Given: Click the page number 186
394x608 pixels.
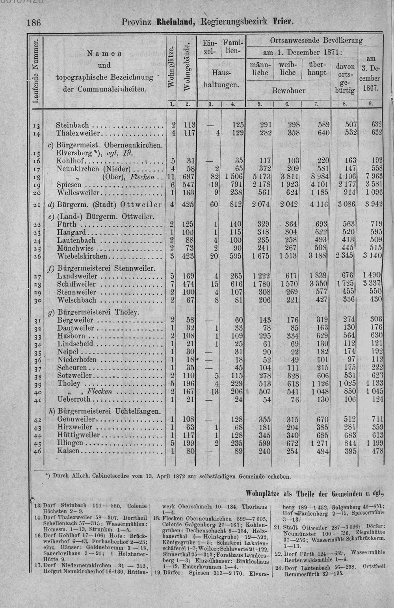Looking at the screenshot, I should (x=34, y=22).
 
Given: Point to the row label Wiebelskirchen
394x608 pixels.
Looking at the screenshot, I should (x=82, y=256).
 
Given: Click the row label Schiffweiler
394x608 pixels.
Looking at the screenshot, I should (x=76, y=284).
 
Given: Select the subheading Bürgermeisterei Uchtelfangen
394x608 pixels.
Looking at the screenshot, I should (x=109, y=411).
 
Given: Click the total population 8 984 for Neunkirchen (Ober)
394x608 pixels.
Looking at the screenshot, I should (x=320, y=176).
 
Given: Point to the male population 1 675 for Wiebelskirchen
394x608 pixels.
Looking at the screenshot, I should (x=260, y=256).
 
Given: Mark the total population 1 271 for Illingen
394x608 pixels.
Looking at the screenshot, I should (x=320, y=443).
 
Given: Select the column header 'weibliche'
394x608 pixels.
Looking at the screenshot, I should (x=288, y=69).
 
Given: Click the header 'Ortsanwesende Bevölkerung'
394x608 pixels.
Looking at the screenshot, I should (x=316, y=41).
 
